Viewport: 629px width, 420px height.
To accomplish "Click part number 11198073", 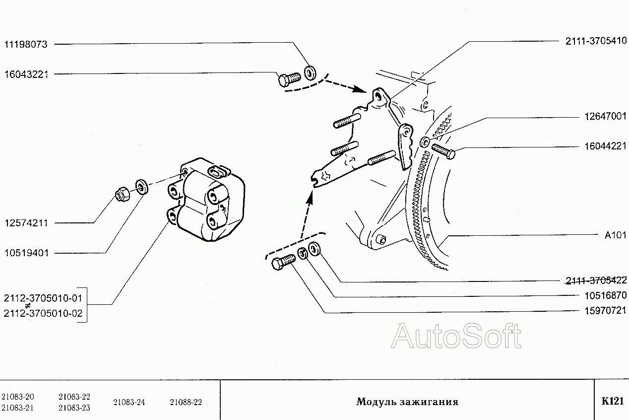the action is (26, 44).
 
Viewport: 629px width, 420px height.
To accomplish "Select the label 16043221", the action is (26, 74).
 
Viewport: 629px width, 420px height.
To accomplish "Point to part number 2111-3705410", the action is (596, 41).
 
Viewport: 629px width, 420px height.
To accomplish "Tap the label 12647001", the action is (605, 116).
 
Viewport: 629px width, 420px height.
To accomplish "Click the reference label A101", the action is (615, 235).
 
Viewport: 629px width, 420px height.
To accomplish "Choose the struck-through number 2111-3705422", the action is (596, 280).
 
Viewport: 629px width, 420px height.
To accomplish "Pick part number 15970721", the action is (605, 310).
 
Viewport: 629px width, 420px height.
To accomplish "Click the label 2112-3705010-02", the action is (43, 313).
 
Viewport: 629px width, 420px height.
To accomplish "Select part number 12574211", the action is (26, 223).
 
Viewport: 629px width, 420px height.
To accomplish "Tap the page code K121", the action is (613, 401).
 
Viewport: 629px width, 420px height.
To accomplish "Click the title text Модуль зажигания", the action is (407, 402).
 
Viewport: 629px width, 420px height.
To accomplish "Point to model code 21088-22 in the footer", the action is (186, 402).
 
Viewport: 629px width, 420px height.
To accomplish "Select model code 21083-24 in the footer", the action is (129, 402).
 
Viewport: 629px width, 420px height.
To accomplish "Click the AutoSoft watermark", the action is (456, 336).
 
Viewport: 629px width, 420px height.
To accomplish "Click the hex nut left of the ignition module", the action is (123, 194).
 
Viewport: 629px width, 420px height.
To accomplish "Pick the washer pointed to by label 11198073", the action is (310, 73).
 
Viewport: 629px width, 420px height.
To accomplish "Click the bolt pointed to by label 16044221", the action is (443, 151).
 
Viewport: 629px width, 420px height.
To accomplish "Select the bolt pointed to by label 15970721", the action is (283, 262).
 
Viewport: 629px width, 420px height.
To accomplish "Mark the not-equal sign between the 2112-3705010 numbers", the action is (27, 306).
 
